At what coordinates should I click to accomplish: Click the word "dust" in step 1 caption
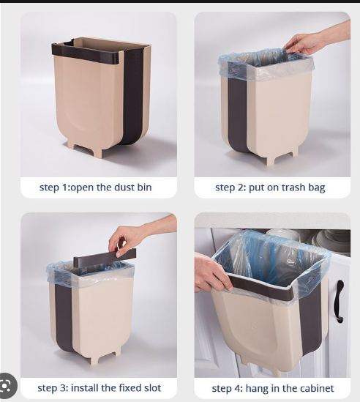(x=124, y=187)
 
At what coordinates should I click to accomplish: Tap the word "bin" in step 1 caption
(x=145, y=187)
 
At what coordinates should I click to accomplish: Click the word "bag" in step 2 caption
(x=317, y=188)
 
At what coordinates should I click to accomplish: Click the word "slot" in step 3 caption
(x=153, y=388)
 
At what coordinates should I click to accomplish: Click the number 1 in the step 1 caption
(x=64, y=187)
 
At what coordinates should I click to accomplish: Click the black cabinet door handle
(x=340, y=301)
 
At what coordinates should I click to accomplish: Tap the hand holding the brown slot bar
(x=128, y=239)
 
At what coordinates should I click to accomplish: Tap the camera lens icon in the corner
(x=7, y=386)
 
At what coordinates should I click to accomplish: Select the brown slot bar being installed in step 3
(x=105, y=257)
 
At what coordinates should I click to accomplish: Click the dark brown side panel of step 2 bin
(x=237, y=113)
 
